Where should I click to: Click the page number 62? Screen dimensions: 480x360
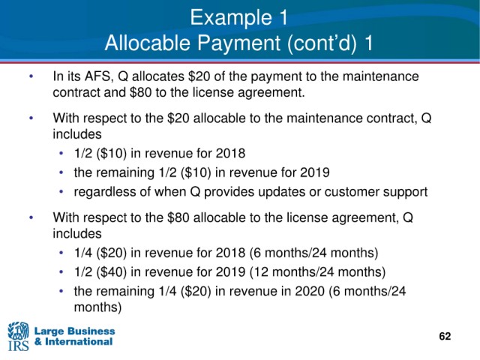pos(445,336)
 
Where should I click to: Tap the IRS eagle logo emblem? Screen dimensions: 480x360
pos(18,331)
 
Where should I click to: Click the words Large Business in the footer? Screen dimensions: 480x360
pos(75,331)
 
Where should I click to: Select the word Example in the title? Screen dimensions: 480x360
pos(231,17)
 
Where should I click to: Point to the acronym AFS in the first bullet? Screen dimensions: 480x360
pos(97,76)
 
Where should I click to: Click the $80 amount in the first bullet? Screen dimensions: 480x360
pos(141,92)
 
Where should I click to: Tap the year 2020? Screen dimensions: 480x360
pos(310,291)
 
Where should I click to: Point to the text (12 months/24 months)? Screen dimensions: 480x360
pos(317,271)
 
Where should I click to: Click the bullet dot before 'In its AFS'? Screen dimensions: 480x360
pos(31,76)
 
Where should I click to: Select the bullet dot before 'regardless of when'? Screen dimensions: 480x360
pos(61,192)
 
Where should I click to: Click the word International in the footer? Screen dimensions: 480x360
pos(79,342)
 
